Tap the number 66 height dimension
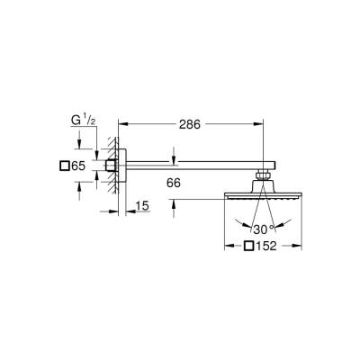tap(175, 184)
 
